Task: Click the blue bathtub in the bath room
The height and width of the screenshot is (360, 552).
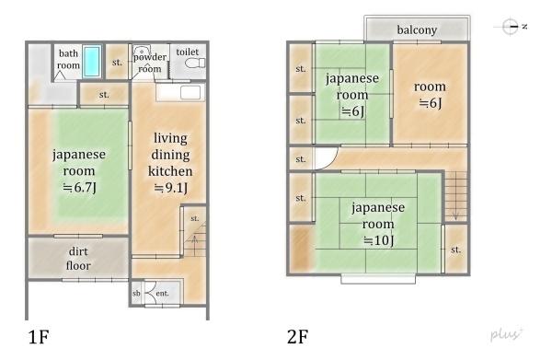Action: coord(92,62)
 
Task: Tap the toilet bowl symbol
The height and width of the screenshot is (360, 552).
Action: coord(195,64)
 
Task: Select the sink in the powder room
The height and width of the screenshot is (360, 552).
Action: coord(143,50)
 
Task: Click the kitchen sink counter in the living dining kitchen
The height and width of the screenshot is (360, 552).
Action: coord(180,93)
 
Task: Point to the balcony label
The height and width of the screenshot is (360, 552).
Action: coord(417,30)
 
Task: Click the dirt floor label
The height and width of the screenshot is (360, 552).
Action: coord(78,258)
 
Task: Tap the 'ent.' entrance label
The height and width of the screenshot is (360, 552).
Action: coord(162,293)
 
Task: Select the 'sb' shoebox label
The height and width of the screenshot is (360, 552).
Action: coord(136,293)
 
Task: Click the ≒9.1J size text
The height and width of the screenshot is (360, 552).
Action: coord(171,188)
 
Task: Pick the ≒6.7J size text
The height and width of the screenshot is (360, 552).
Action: coord(79,188)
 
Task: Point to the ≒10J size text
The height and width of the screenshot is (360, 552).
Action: coord(378,240)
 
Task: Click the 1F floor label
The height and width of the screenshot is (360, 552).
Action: coord(39,337)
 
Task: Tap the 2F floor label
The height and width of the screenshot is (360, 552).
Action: coord(298,337)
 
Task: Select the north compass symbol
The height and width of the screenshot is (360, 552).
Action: coord(511,27)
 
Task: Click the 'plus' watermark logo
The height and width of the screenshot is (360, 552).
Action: coord(506,334)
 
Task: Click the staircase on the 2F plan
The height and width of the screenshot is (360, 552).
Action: coord(456,196)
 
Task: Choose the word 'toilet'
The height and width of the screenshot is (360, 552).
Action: coord(188,52)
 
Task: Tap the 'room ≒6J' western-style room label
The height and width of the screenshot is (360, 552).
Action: coord(430,95)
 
